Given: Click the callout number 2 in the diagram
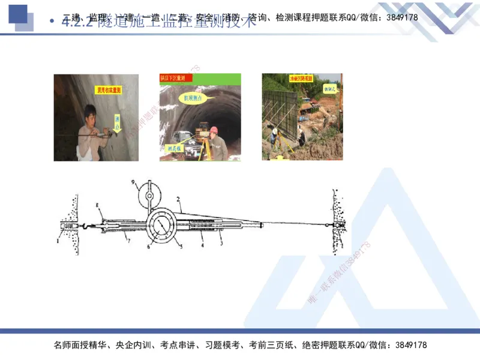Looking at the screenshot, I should (x=178, y=199).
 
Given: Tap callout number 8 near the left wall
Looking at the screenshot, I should (x=96, y=206).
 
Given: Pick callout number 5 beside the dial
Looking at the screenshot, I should (x=179, y=246).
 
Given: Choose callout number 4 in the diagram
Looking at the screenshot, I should (x=202, y=245).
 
